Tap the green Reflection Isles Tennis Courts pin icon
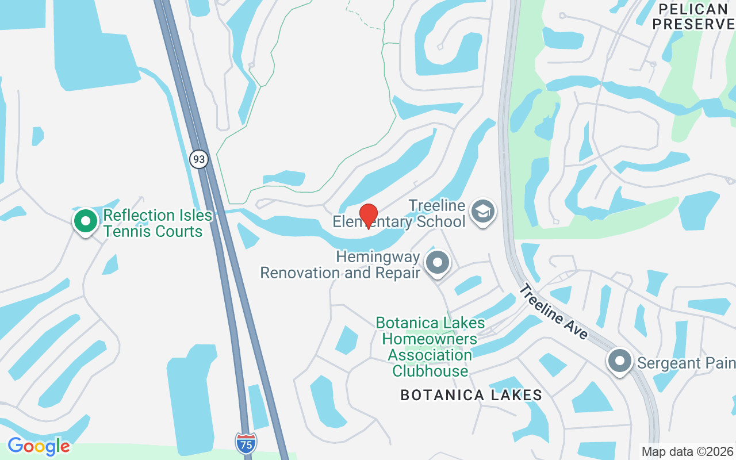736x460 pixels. click(x=86, y=221)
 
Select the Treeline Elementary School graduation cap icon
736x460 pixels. click(x=483, y=211)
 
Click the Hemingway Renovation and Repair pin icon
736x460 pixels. click(x=438, y=263)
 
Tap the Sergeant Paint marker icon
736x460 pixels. click(x=620, y=361)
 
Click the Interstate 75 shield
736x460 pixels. click(x=246, y=442)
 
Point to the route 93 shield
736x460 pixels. click(x=199, y=159)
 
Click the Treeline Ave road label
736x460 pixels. click(x=553, y=311)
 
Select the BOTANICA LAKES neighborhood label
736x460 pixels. click(x=471, y=395)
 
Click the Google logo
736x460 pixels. click(x=39, y=446)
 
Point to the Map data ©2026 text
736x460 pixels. click(x=687, y=451)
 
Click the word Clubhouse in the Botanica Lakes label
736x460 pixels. click(x=430, y=371)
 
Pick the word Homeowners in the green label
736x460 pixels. click(x=430, y=339)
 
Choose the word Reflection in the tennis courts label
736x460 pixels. click(x=139, y=216)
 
